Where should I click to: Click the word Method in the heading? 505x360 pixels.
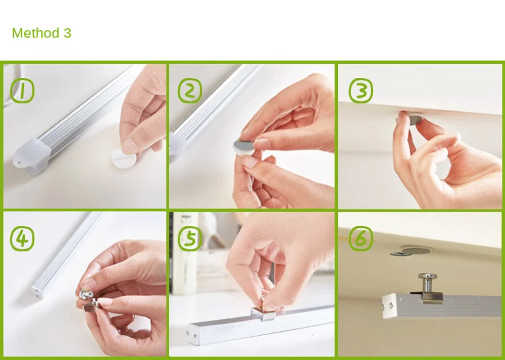36,33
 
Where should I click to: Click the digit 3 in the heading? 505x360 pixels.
67,33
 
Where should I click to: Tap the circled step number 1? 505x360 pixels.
22,91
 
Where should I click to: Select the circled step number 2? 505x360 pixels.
190,91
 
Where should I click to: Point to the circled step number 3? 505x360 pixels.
361,91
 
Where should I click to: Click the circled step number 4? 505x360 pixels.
22,239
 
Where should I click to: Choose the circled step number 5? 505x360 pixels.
190,239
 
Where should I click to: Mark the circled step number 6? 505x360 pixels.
361,239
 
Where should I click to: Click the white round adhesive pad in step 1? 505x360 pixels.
124,158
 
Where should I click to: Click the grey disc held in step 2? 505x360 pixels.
244,147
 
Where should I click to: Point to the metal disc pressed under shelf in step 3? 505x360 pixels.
416,119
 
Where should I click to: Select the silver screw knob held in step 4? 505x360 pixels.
86,294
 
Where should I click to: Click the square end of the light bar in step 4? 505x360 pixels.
37,292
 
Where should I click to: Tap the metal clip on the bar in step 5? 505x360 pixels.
264,314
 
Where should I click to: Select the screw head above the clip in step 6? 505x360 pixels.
427,276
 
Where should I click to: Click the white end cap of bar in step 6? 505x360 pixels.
389,306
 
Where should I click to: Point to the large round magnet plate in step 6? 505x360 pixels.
417,250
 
